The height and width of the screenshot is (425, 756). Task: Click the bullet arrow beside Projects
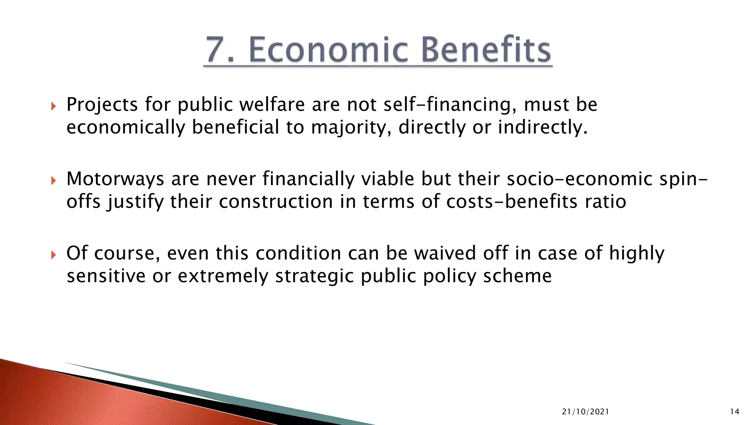tap(54, 107)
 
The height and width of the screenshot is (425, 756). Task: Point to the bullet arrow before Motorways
tap(54, 181)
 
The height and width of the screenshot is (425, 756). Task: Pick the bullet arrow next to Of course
tap(54, 255)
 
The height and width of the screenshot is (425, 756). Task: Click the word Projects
tap(102, 105)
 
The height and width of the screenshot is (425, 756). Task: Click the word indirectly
tap(543, 128)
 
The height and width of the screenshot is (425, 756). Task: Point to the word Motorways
tap(115, 179)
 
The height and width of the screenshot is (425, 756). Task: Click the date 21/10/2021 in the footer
tap(585, 412)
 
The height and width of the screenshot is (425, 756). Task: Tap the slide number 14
tap(735, 412)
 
